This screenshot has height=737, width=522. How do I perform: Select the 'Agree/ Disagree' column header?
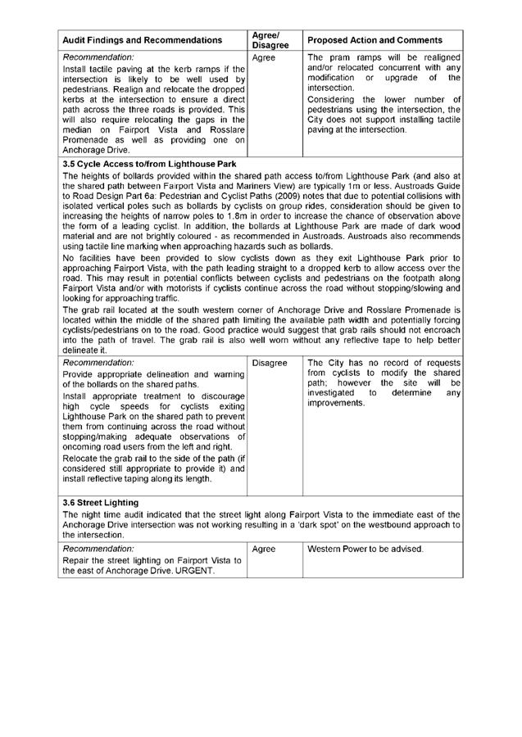click(267, 40)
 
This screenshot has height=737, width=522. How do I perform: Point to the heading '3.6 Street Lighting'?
click(104, 500)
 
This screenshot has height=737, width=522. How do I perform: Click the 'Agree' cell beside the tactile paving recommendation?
click(263, 59)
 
